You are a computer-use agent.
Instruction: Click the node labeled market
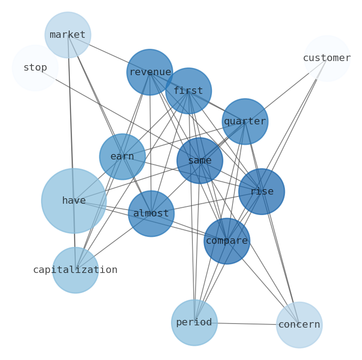(x=67, y=35)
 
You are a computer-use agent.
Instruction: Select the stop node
(x=35, y=68)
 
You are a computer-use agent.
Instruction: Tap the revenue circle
(x=150, y=72)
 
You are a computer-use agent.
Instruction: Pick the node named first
(x=188, y=91)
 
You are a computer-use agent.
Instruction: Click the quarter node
(x=245, y=122)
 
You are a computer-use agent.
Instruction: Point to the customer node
(x=326, y=58)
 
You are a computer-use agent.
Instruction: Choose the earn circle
(x=122, y=156)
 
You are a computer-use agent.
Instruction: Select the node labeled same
(x=200, y=160)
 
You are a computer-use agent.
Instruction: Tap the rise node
(x=261, y=191)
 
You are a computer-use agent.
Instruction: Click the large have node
(x=74, y=201)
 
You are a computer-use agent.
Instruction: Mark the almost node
(x=151, y=213)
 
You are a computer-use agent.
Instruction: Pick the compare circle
(x=227, y=241)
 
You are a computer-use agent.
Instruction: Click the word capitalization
(x=75, y=270)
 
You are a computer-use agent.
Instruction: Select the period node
(x=194, y=322)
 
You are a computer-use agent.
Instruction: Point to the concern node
(x=299, y=324)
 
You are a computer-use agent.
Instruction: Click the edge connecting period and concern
(x=247, y=324)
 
